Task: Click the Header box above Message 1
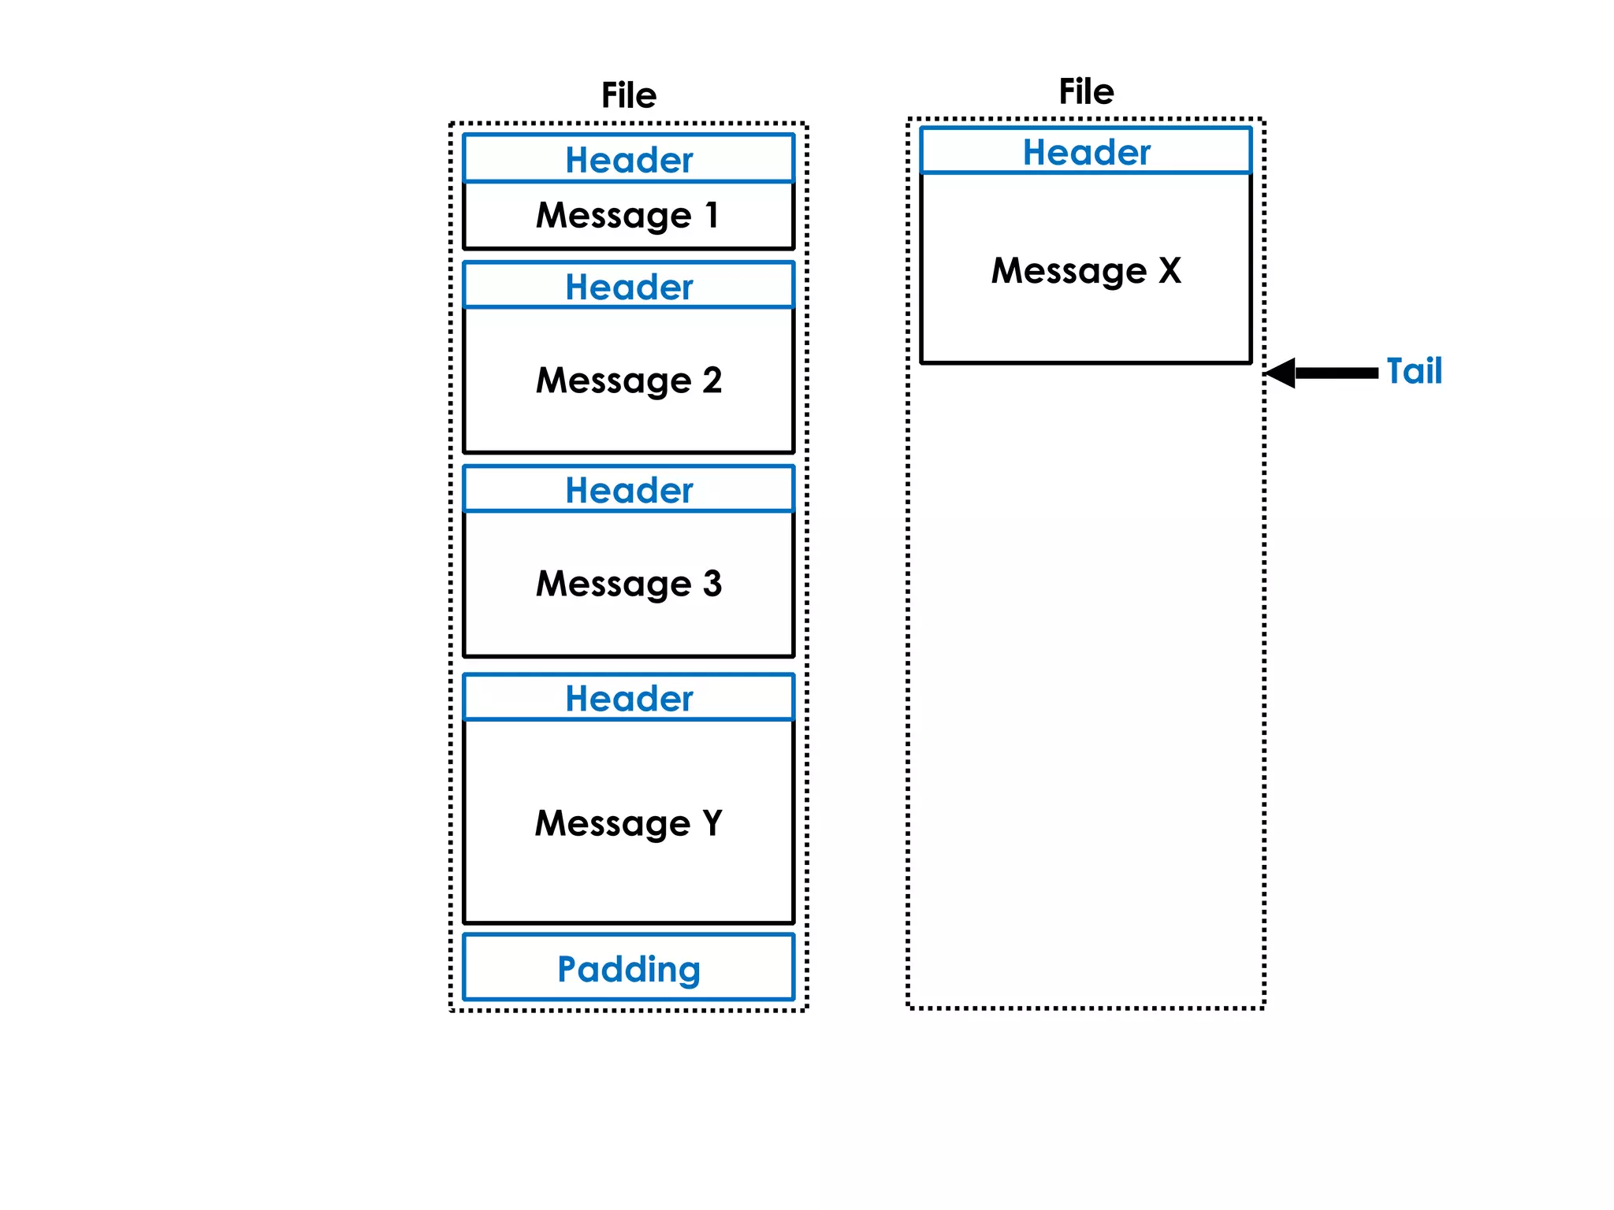coord(628,159)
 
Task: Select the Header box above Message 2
coord(628,286)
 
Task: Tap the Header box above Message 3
coord(628,489)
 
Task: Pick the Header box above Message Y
coord(628,697)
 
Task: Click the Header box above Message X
coord(1085,151)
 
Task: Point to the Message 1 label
coord(628,215)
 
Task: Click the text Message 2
coord(628,380)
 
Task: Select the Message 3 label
coord(628,584)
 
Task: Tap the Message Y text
coord(628,823)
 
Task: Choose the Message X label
coord(1085,270)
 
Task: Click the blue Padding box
coord(628,968)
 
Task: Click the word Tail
coord(1414,371)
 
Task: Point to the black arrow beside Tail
coord(1324,373)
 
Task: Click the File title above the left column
coord(628,95)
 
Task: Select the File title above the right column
coord(1085,91)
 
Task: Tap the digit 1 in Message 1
coord(712,214)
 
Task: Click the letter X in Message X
coord(1170,270)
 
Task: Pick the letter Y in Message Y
coord(712,823)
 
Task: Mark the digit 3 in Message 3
coord(712,584)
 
